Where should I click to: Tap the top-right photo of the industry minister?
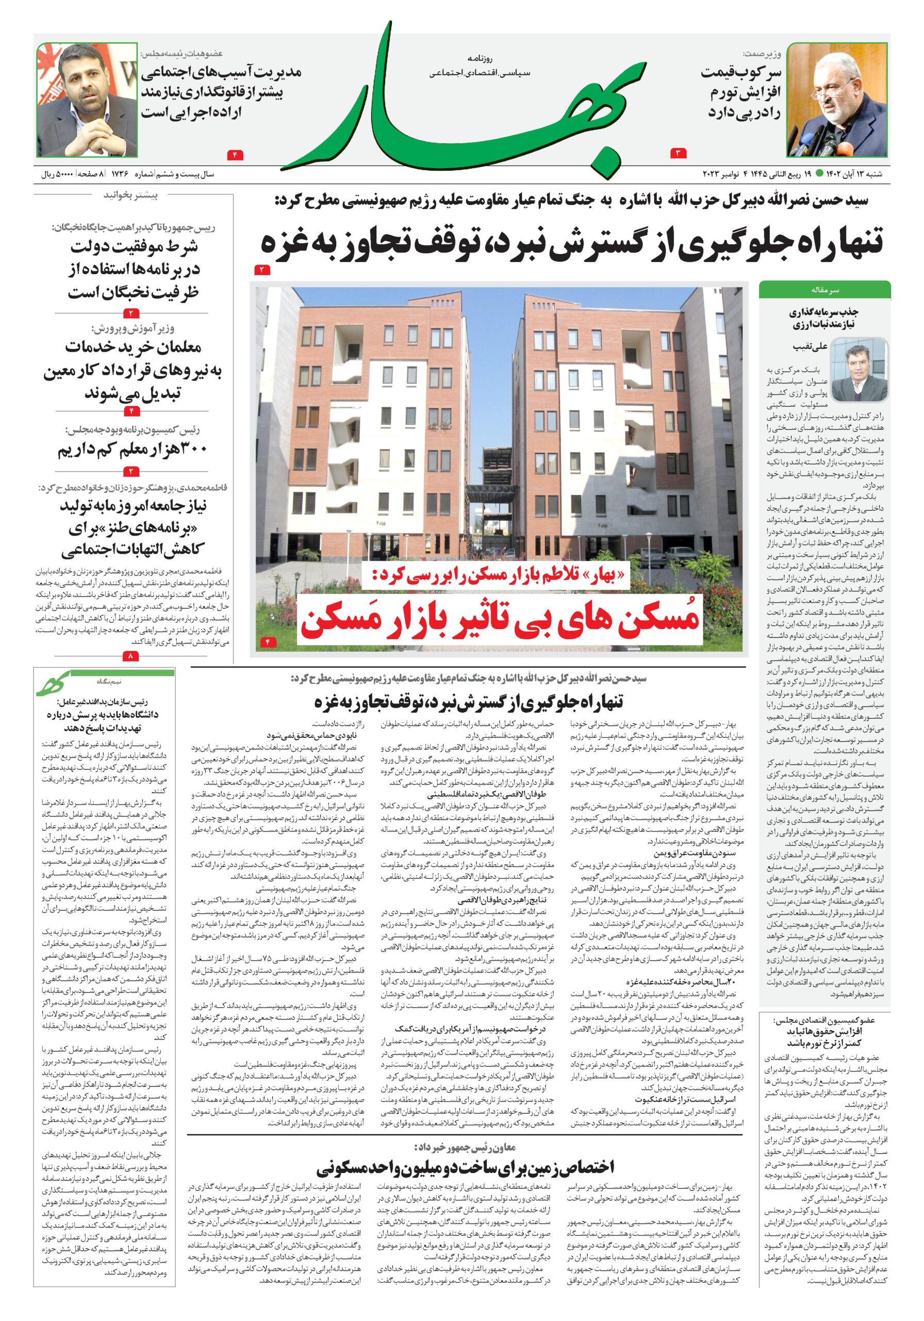pyautogui.click(x=837, y=101)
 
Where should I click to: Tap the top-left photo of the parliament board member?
pyautogui.click(x=86, y=101)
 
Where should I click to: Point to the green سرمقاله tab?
pyautogui.click(x=824, y=289)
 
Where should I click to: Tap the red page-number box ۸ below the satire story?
pyautogui.click(x=131, y=656)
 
